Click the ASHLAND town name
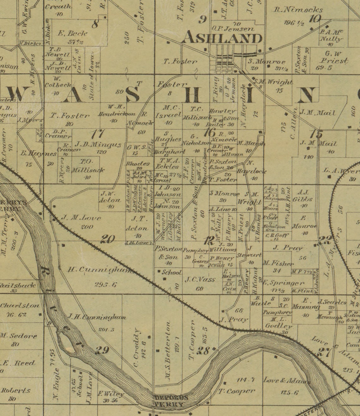[223, 38]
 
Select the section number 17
[98, 134]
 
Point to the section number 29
[102, 350]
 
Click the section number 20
[108, 239]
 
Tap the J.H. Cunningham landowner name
[97, 317]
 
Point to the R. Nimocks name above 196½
[298, 10]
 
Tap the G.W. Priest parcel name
[333, 57]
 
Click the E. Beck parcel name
[73, 33]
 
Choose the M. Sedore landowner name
[19, 336]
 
